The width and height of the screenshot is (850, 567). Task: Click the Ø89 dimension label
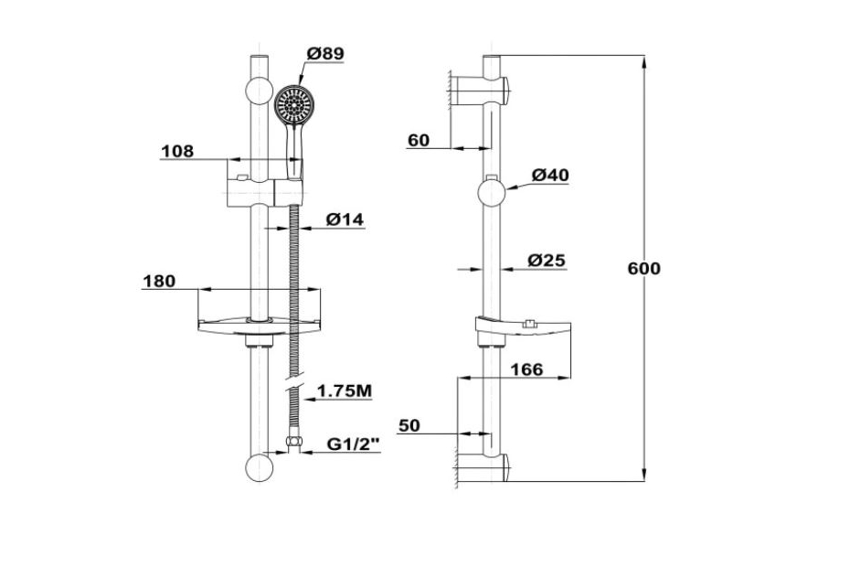coord(325,54)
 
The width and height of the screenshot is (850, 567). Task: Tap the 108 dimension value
coord(177,152)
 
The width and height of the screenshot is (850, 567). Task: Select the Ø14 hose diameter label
coord(345,219)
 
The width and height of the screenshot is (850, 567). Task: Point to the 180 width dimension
coord(159,282)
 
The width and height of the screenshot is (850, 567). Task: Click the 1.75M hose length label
coord(345,390)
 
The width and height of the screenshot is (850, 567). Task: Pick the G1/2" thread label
coord(353,444)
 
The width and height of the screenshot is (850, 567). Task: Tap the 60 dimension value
coord(419,141)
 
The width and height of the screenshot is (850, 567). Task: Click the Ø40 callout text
coord(550,176)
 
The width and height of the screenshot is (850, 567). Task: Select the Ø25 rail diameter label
coord(547,261)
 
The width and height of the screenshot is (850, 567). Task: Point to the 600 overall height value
coord(644,269)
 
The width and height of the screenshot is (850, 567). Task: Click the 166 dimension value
coord(527,370)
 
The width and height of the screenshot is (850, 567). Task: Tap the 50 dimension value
coord(409,426)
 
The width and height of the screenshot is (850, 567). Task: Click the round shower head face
coord(293,104)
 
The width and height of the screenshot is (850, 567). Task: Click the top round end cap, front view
coord(260,91)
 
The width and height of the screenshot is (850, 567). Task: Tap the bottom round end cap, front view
coord(260,467)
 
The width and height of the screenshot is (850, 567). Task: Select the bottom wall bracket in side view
coord(483,467)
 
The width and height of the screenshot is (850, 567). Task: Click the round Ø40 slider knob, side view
coord(492,193)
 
